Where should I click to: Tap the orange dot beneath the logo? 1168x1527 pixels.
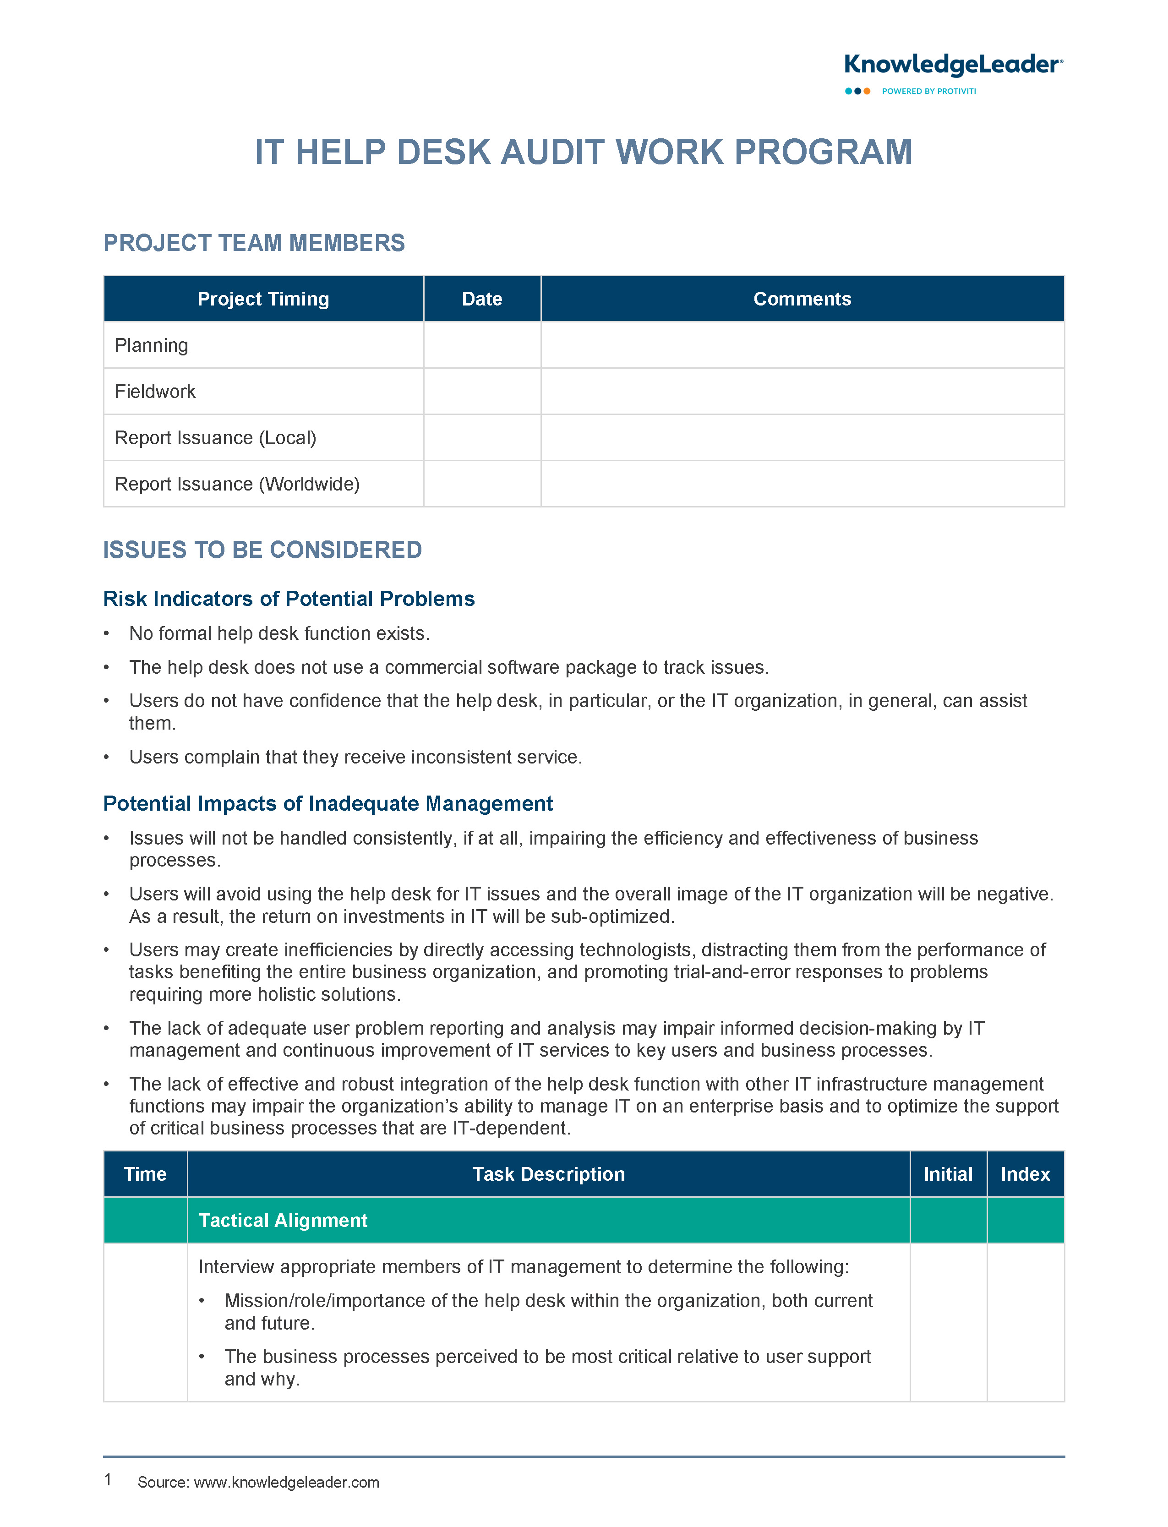[x=867, y=91]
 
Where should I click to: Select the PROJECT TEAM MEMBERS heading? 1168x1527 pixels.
[x=254, y=243]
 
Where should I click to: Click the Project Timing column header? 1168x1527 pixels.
[x=263, y=299]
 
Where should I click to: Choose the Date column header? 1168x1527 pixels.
[x=482, y=299]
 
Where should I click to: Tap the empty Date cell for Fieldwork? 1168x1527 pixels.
[x=482, y=391]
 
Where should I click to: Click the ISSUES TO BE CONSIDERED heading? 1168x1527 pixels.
[x=262, y=550]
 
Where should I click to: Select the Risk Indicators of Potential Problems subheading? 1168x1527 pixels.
[x=289, y=599]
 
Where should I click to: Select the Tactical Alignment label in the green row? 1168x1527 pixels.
[x=283, y=1221]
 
